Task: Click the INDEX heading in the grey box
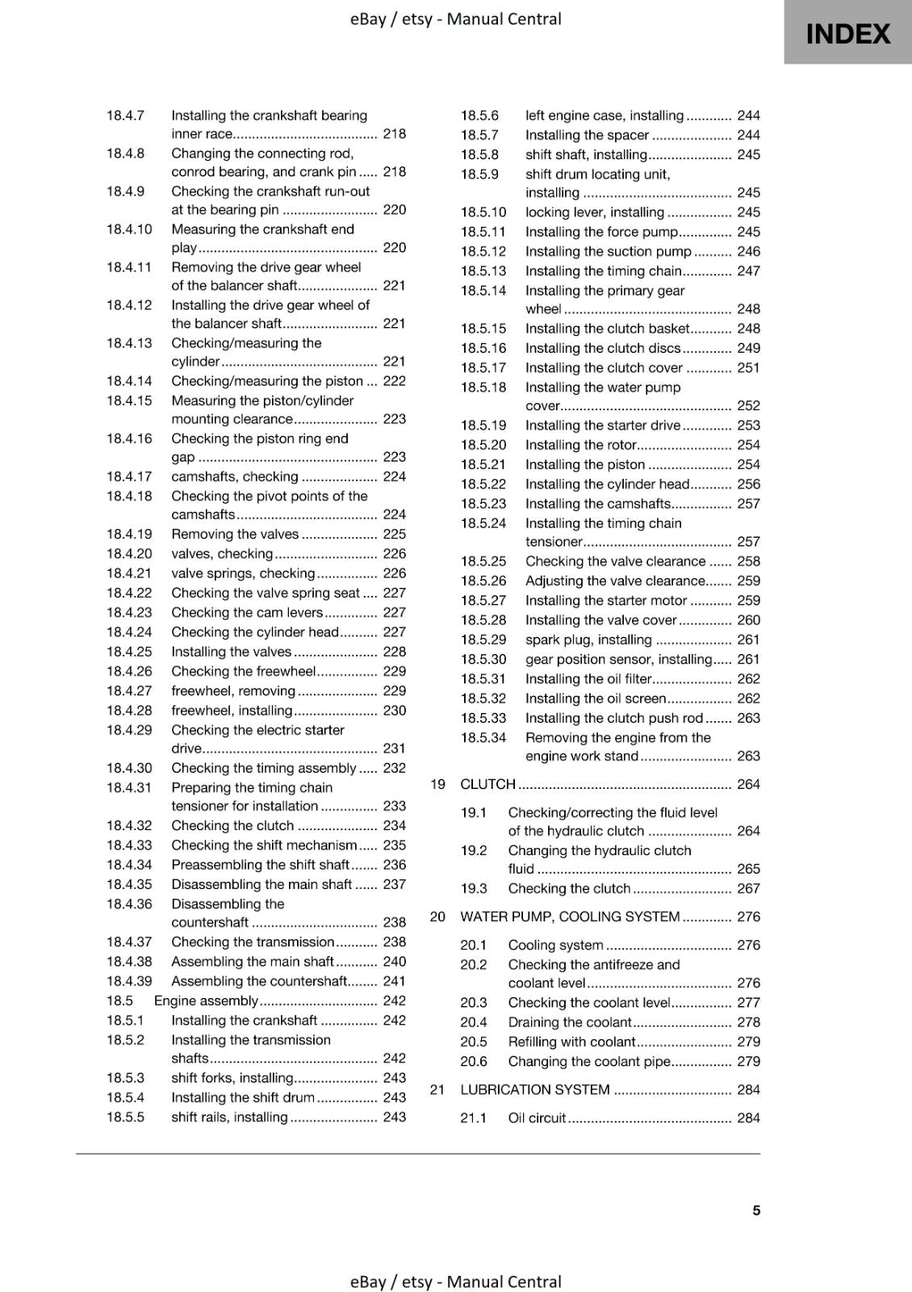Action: (847, 34)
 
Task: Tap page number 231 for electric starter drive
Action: (394, 749)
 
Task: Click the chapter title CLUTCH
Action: (487, 784)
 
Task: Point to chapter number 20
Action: (437, 917)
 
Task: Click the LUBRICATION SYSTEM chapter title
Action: (534, 1089)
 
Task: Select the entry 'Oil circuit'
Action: (537, 1118)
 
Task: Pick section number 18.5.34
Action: (483, 737)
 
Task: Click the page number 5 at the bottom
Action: (756, 1210)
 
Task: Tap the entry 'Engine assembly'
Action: (206, 1000)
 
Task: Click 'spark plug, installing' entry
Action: (588, 640)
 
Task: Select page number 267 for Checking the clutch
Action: (748, 888)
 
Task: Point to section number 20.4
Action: (474, 1021)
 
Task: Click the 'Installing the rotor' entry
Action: (581, 445)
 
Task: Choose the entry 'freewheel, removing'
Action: (233, 690)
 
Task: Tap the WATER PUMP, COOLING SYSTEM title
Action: (570, 917)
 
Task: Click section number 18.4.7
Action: (125, 115)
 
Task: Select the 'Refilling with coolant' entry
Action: (571, 1042)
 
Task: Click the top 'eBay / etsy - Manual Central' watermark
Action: (455, 19)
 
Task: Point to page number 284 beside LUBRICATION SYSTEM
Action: (748, 1089)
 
